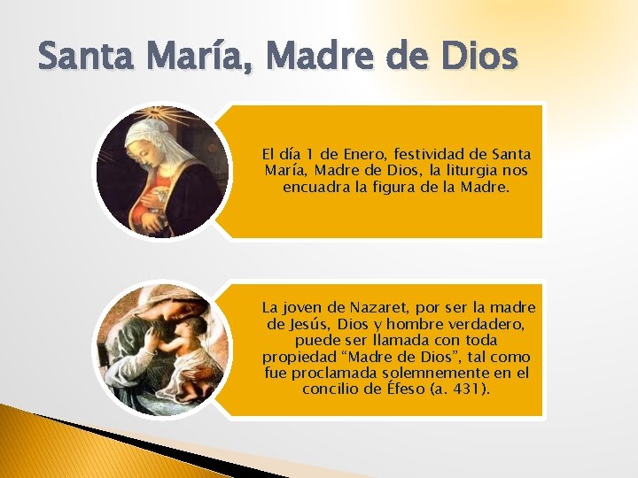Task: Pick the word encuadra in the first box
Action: point(312,187)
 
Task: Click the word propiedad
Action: point(300,357)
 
